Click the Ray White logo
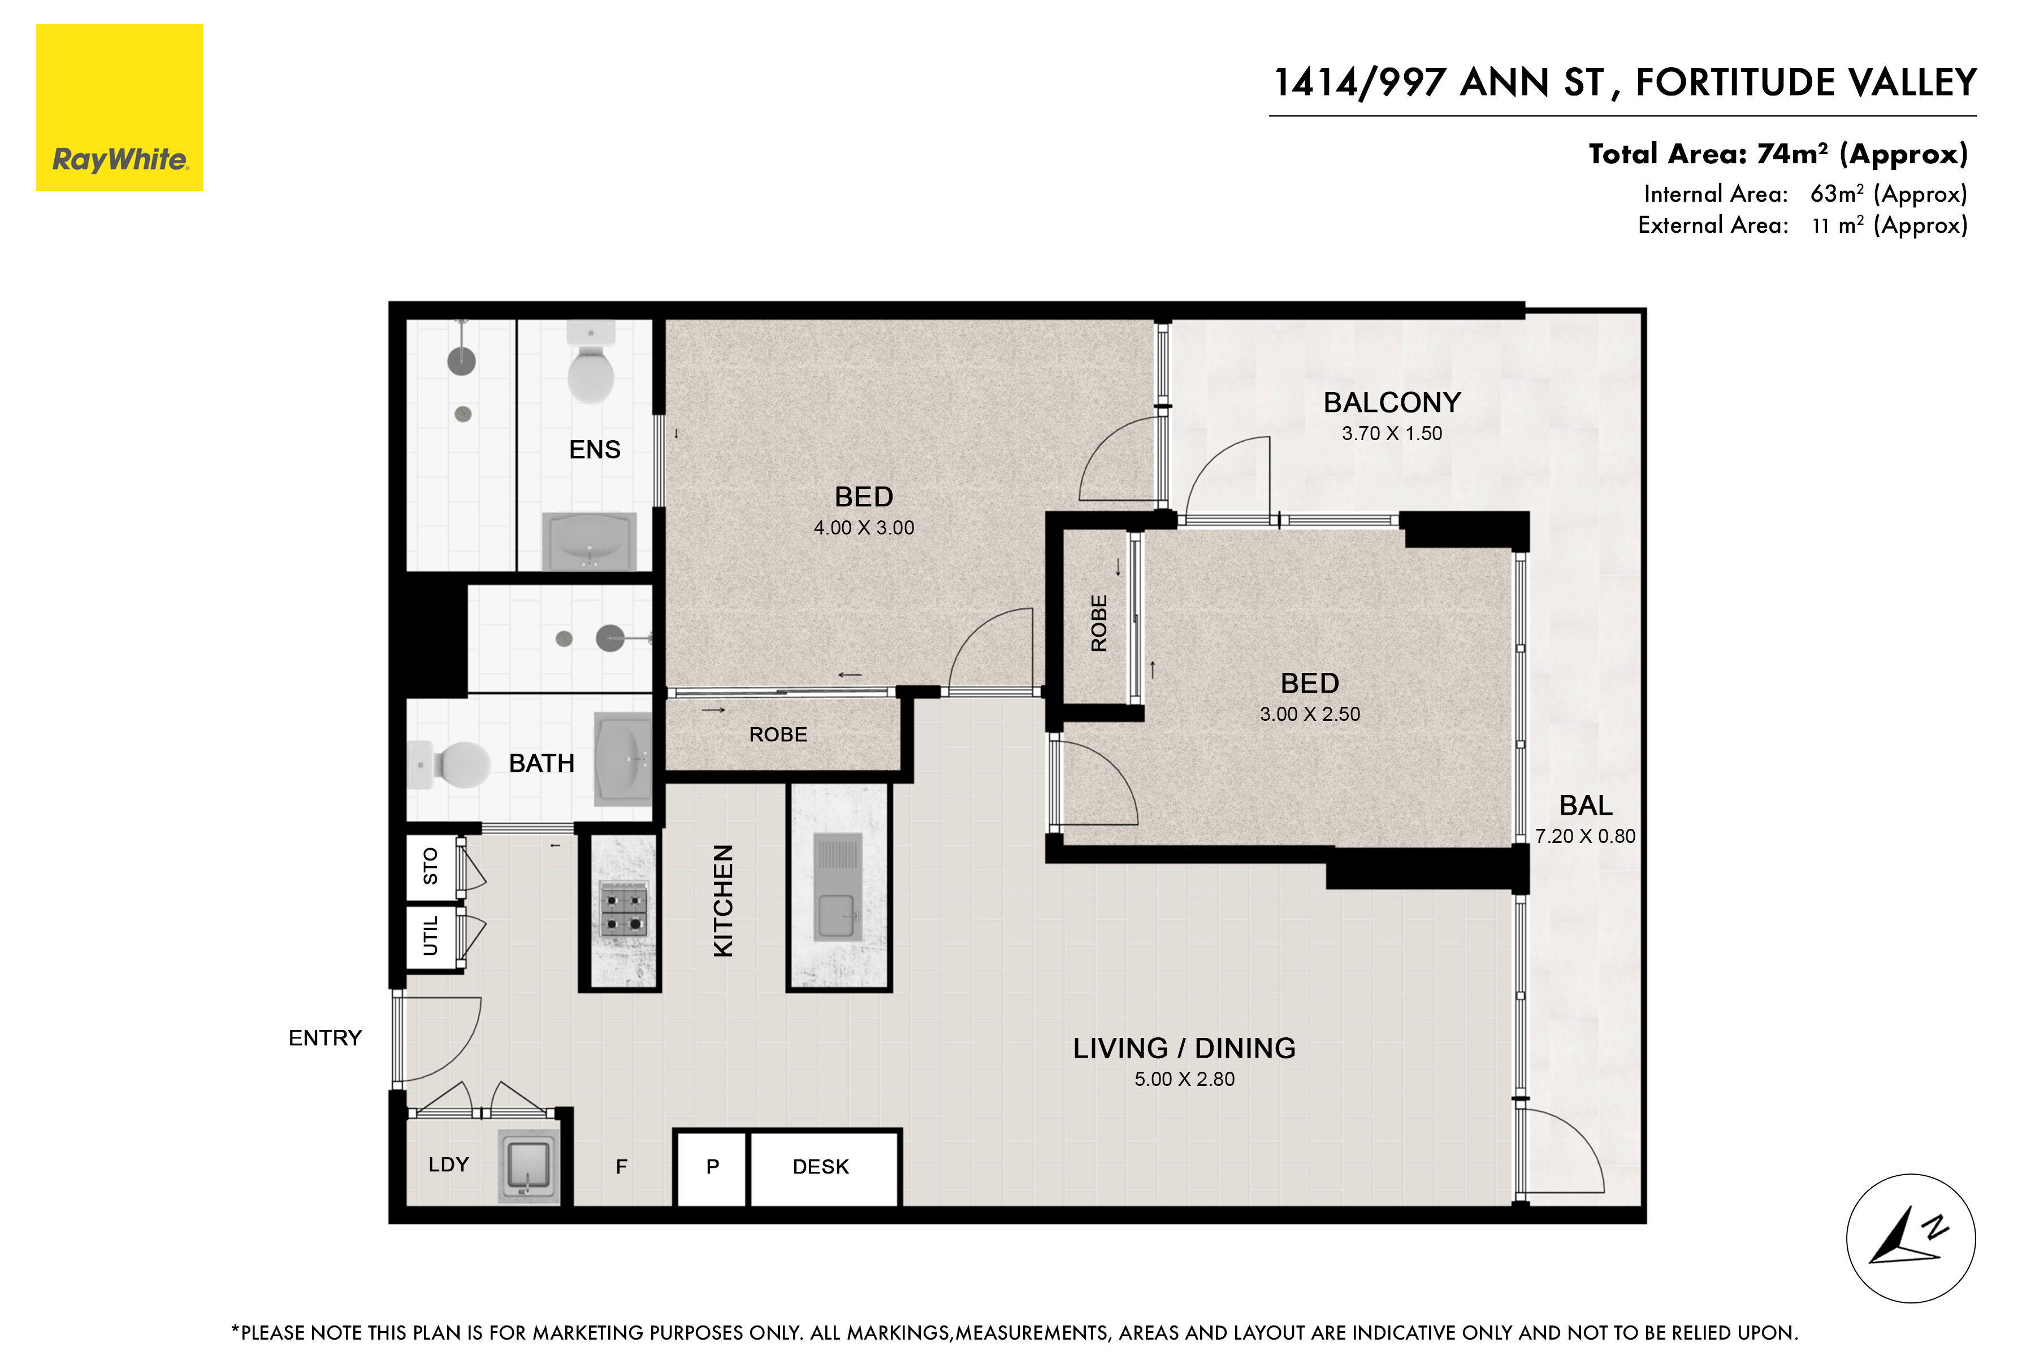(x=119, y=107)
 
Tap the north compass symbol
(x=1911, y=1238)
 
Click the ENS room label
(x=595, y=450)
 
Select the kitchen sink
(x=838, y=886)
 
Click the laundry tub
(x=529, y=1166)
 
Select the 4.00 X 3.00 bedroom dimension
(x=864, y=528)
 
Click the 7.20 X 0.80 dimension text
(x=1585, y=836)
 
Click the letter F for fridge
(x=621, y=1167)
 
